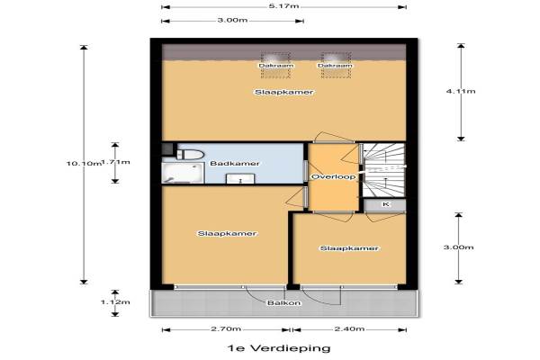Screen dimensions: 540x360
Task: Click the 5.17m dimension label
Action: tap(284, 6)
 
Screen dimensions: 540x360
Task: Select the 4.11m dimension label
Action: tap(461, 91)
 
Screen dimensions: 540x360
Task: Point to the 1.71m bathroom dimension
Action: tap(116, 162)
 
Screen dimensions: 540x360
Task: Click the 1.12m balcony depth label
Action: tap(115, 302)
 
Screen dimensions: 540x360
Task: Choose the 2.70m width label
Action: tap(226, 329)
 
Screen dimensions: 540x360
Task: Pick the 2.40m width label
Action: tap(349, 329)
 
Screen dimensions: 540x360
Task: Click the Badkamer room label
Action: tap(235, 163)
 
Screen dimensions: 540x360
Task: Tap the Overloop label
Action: tap(333, 176)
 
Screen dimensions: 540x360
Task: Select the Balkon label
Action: tap(284, 303)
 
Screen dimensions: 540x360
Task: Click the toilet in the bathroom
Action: tap(189, 154)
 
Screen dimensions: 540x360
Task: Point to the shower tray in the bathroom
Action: tap(184, 173)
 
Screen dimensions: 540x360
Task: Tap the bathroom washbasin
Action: tap(240, 179)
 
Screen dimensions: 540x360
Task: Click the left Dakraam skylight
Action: tap(276, 66)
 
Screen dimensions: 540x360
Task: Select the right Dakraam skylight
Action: tap(335, 66)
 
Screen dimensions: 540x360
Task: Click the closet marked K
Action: tap(385, 204)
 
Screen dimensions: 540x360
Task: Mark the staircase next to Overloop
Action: tap(383, 170)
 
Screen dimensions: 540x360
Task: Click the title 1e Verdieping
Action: tap(279, 348)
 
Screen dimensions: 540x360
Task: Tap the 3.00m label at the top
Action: tap(232, 20)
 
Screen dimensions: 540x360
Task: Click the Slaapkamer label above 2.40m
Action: tap(349, 248)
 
